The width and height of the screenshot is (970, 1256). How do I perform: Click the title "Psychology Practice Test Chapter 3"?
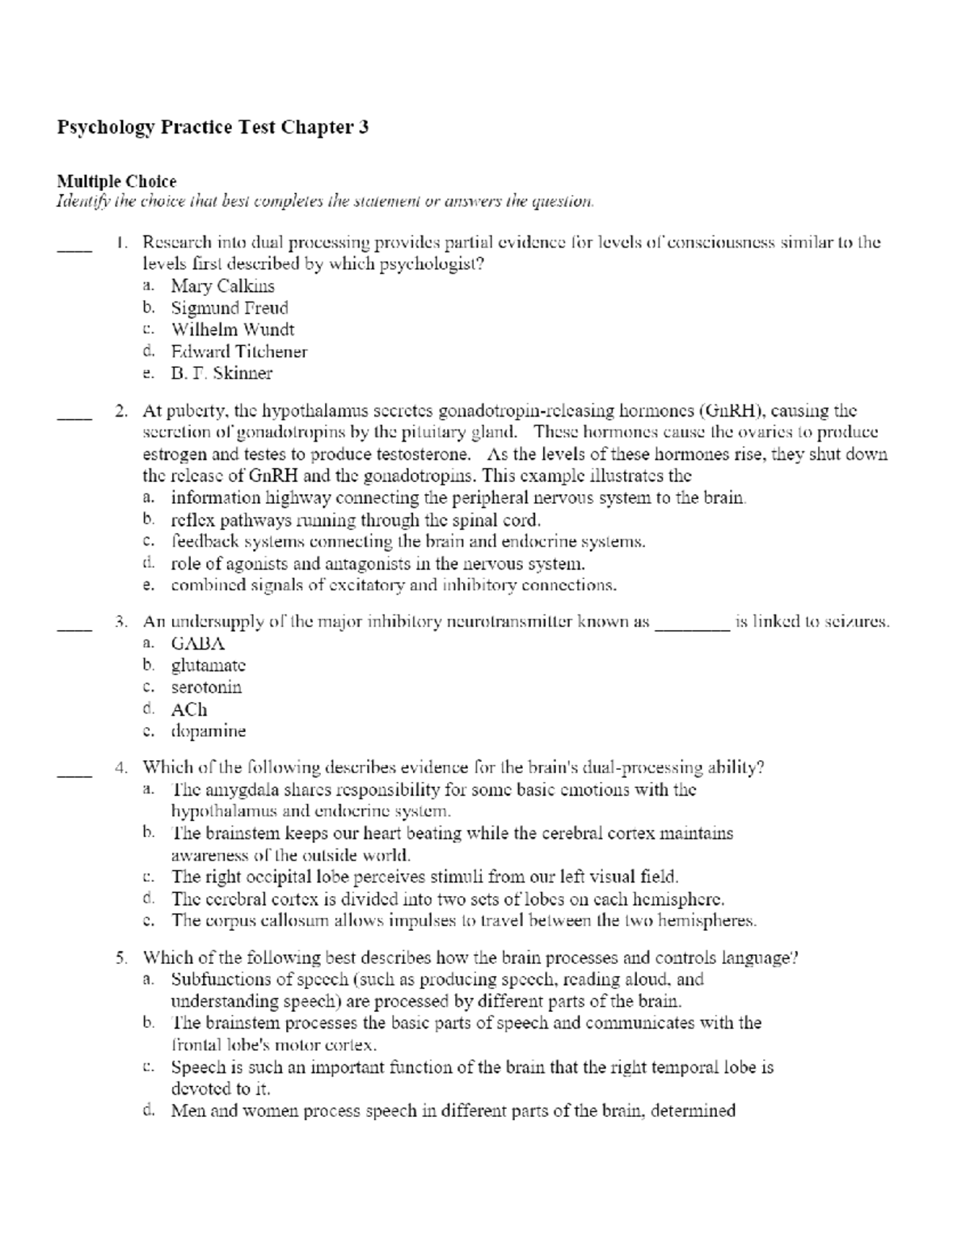(x=213, y=127)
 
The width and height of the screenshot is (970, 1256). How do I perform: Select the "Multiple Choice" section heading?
(x=116, y=181)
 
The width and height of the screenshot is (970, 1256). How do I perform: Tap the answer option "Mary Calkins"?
(x=222, y=286)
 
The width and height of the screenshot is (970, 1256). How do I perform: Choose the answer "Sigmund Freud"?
(x=230, y=308)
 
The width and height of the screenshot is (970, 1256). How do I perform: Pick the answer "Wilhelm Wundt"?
(x=233, y=330)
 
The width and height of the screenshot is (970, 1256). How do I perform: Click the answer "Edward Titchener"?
(x=238, y=352)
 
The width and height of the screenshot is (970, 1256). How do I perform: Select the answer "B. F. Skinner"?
(x=221, y=374)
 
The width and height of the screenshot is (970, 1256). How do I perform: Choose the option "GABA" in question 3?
(x=197, y=644)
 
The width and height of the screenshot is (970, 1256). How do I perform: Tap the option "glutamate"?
(x=208, y=666)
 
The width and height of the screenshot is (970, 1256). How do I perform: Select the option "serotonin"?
(x=206, y=687)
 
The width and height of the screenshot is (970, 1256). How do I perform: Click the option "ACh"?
(x=189, y=709)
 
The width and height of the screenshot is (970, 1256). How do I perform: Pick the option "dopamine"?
(x=208, y=731)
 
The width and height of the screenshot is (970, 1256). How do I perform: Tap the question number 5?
(x=121, y=958)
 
